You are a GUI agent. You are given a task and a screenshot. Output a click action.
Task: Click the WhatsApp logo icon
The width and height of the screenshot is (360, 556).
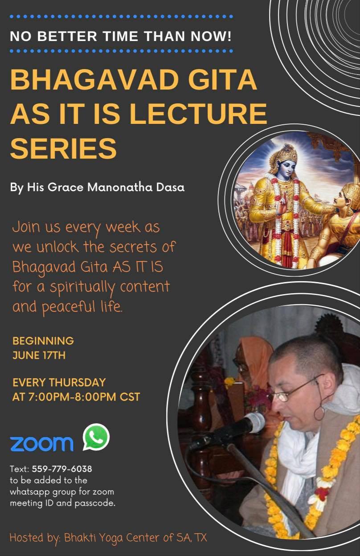tap(96, 437)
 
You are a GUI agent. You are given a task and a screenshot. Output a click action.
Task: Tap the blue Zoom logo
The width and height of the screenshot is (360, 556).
tap(41, 443)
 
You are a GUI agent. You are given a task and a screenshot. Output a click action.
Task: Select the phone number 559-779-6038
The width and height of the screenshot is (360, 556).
tap(62, 469)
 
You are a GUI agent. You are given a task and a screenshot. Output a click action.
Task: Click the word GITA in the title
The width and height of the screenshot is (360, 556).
tap(222, 79)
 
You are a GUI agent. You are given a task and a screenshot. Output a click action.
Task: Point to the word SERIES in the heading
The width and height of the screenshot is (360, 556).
tap(63, 148)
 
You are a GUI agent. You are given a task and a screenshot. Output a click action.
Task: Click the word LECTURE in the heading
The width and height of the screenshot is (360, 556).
tap(198, 114)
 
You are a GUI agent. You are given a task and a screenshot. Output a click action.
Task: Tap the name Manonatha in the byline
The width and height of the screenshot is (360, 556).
tap(120, 187)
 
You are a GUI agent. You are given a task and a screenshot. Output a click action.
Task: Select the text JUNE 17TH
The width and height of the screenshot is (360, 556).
tap(39, 356)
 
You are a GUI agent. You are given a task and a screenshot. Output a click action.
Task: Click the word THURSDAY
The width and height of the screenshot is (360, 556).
tap(78, 383)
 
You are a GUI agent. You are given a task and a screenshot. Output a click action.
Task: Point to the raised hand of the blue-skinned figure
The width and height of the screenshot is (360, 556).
tap(282, 205)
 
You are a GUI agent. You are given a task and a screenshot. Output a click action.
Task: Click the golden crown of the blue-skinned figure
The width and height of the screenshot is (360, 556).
tap(284, 153)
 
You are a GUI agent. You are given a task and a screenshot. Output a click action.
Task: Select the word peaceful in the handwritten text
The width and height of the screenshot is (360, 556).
tap(68, 307)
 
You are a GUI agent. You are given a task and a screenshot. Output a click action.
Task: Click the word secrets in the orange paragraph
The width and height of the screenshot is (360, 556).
tap(133, 247)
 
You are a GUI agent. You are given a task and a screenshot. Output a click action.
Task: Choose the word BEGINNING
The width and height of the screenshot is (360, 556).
tap(43, 341)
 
